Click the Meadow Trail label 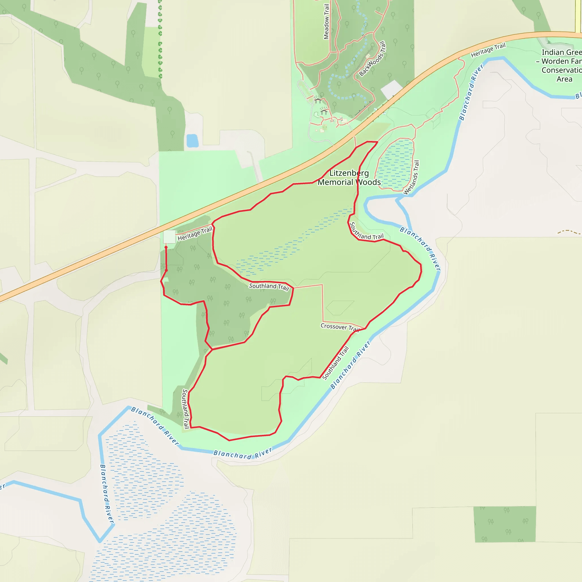tap(326, 22)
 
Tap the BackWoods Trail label tap(372, 59)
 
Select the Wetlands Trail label tap(411, 177)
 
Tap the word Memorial tap(335, 182)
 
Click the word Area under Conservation tap(564, 79)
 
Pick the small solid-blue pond tap(192, 141)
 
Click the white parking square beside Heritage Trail tap(169, 236)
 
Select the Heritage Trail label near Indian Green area tap(488, 50)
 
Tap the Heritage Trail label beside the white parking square tap(195, 234)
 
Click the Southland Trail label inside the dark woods tap(269, 286)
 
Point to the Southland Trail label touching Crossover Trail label tap(336, 363)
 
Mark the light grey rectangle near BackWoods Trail tap(391, 89)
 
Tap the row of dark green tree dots tap(160, 39)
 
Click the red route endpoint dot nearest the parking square tap(166, 247)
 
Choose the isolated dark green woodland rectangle tap(505, 524)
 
